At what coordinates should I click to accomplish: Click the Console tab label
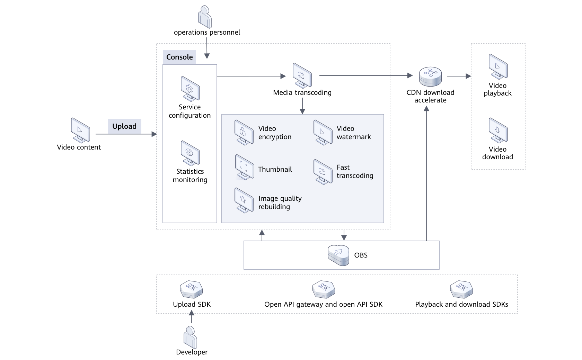pos(179,57)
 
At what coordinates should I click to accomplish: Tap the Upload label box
pos(124,126)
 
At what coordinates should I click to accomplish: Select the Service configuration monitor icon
pos(190,88)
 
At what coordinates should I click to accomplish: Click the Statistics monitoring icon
pos(190,153)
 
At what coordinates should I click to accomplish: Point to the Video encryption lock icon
pos(244,132)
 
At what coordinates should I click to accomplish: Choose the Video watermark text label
pos(353,133)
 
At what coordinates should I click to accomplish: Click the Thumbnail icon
pos(244,167)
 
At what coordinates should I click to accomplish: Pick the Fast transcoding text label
pos(355,171)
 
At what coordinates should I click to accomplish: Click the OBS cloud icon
pos(338,255)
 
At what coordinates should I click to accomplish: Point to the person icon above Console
pos(205,17)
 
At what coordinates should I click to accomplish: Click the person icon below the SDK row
pos(191,337)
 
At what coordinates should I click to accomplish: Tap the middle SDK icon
pos(324,289)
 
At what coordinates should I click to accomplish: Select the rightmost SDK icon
pos(461,289)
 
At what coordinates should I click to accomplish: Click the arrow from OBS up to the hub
pos(426,173)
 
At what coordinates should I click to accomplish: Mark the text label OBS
pos(361,255)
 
